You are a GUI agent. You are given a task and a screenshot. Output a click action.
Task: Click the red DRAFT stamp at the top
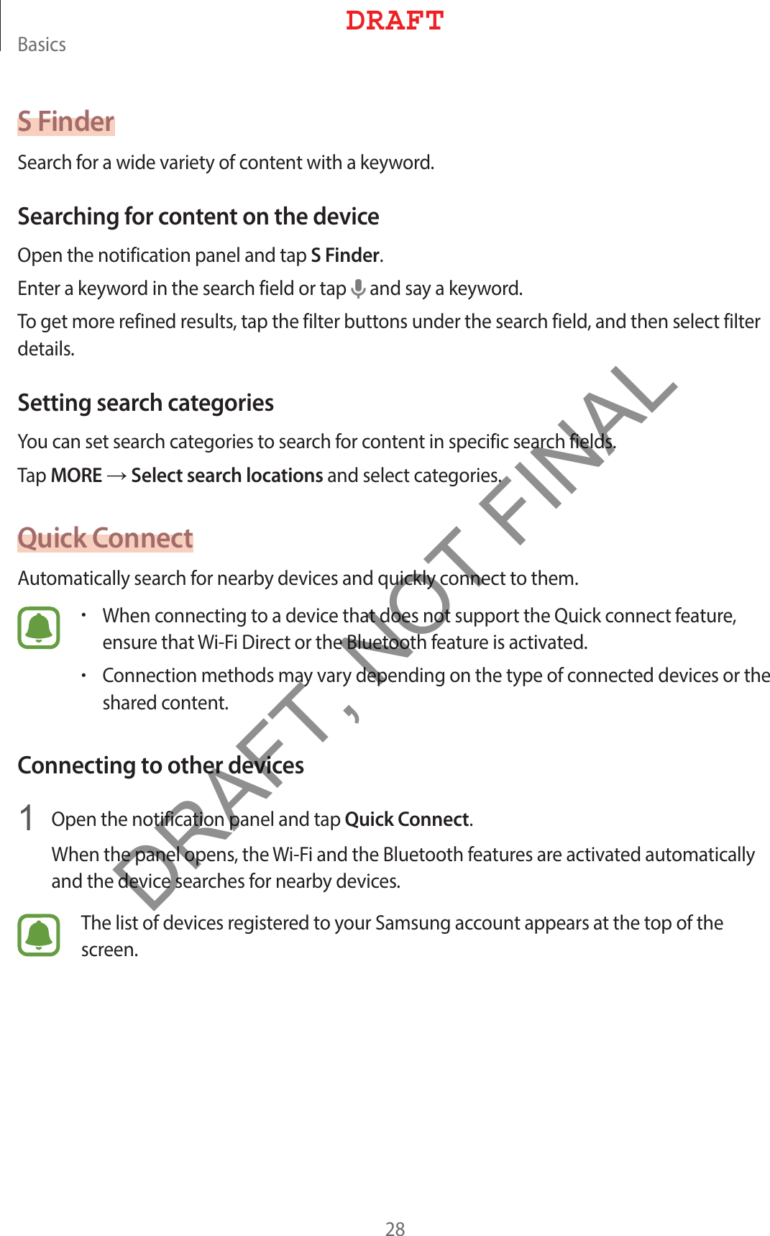tap(394, 21)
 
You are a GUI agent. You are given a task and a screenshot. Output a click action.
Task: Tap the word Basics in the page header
tap(42, 45)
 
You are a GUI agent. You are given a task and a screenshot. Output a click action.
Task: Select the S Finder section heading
tap(66, 122)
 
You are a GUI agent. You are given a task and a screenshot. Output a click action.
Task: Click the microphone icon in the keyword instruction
tap(357, 289)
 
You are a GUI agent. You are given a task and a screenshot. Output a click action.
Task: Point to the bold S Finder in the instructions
tap(345, 255)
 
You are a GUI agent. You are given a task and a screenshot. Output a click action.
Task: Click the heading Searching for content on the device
tap(198, 217)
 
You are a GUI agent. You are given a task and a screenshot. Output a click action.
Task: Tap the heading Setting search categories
tap(146, 403)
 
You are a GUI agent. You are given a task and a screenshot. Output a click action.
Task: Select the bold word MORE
tap(77, 476)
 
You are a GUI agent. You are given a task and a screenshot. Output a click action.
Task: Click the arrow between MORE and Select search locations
tap(116, 476)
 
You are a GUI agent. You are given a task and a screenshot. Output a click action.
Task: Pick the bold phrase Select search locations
tap(227, 476)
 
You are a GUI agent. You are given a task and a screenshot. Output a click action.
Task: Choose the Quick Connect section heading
tap(106, 538)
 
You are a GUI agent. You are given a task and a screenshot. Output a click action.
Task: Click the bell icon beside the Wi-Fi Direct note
tap(39, 628)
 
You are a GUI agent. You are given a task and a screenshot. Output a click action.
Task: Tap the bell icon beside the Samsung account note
tap(39, 935)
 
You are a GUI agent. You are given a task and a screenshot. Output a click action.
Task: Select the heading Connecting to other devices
tap(161, 765)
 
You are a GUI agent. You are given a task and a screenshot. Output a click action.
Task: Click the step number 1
tap(27, 819)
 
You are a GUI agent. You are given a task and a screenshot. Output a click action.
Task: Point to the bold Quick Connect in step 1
tap(407, 819)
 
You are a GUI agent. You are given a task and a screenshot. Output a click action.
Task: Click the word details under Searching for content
tap(45, 349)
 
